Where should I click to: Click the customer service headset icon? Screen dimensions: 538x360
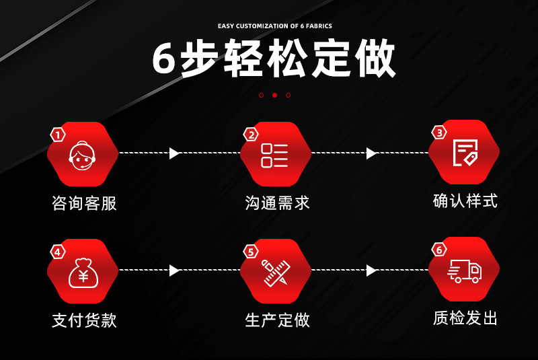pos(83,155)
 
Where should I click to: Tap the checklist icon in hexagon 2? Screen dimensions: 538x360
pos(274,155)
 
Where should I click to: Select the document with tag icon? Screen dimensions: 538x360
pos(465,153)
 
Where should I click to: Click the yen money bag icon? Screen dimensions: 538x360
pos(83,271)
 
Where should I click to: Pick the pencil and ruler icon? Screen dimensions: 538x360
pos(274,271)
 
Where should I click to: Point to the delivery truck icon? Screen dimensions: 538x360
pos(465,270)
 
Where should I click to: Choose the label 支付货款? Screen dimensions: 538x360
pos(84,320)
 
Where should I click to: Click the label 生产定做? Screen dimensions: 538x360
pos(277,320)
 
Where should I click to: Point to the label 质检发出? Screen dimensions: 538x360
pos(465,318)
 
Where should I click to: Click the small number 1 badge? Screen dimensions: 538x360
pos(59,135)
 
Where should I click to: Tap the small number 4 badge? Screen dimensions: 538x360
pos(59,252)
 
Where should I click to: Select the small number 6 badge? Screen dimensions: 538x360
pos(440,250)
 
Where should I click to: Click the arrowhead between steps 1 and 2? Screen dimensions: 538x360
pos(175,153)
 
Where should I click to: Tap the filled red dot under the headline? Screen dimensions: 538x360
pos(274,95)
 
